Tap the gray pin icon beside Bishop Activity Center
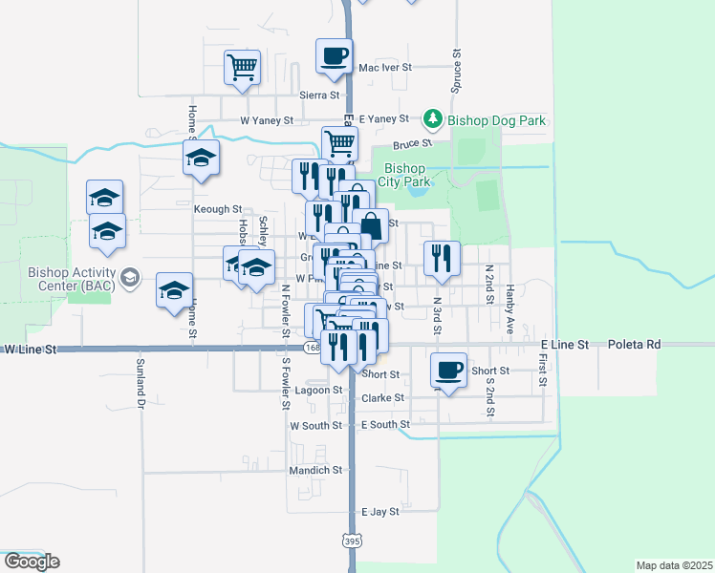click(x=131, y=279)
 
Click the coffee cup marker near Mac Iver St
click(x=334, y=56)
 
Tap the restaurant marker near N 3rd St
click(x=443, y=257)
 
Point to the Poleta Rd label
click(x=634, y=344)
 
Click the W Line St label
click(x=30, y=350)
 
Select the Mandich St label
click(x=316, y=470)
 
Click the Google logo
click(x=32, y=562)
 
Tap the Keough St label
click(x=218, y=208)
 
